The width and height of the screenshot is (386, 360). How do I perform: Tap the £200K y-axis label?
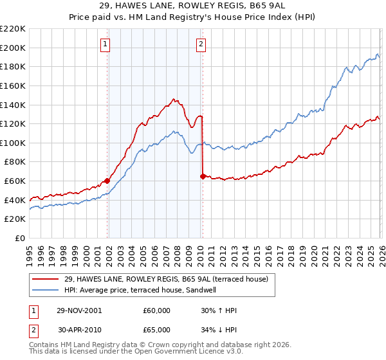(x=14, y=48)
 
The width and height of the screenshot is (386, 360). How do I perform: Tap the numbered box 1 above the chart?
(x=104, y=44)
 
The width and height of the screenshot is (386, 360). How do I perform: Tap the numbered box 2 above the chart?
(x=201, y=44)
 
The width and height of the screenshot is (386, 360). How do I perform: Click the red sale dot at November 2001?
(x=107, y=181)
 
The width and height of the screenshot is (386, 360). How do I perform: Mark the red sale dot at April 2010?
(x=203, y=176)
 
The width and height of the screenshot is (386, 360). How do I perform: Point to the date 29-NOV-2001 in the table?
(x=79, y=310)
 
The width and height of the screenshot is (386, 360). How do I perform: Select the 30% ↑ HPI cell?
(x=219, y=310)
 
